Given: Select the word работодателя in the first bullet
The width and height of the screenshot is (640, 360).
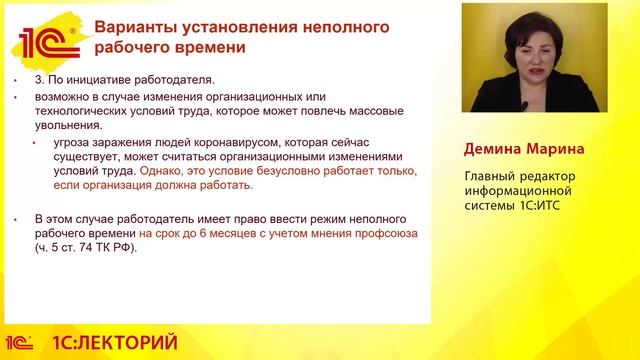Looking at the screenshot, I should tap(174, 79).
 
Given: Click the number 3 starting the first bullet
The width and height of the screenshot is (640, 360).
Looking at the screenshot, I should tap(38, 79).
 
